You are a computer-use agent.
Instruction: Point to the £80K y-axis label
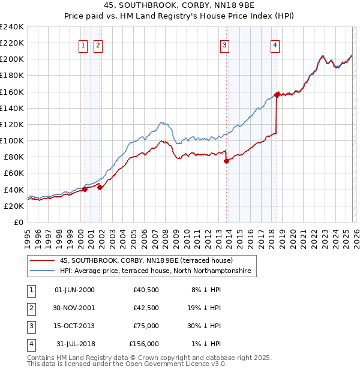point(13,157)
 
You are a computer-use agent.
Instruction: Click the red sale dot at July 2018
point(277,95)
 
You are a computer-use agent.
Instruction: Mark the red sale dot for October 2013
point(226,161)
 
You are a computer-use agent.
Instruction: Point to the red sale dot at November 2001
point(100,187)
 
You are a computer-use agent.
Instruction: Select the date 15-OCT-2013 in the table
point(74,326)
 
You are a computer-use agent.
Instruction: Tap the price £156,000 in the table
point(144,344)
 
